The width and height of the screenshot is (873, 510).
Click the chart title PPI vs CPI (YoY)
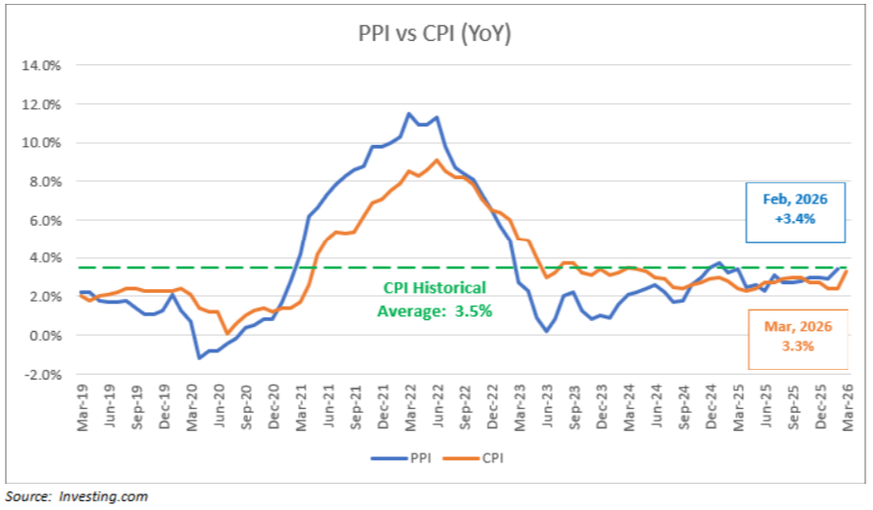[x=435, y=35]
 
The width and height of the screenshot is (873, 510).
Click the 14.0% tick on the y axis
[x=41, y=66]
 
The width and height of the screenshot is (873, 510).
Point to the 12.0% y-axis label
[x=41, y=104]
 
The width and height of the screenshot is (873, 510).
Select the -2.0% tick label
[x=41, y=375]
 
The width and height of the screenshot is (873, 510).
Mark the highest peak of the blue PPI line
[x=409, y=114]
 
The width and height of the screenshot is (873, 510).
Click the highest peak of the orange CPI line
[x=436, y=161]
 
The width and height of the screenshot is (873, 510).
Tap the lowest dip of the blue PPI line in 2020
[x=200, y=358]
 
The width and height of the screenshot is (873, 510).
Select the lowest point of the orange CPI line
[x=227, y=334]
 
